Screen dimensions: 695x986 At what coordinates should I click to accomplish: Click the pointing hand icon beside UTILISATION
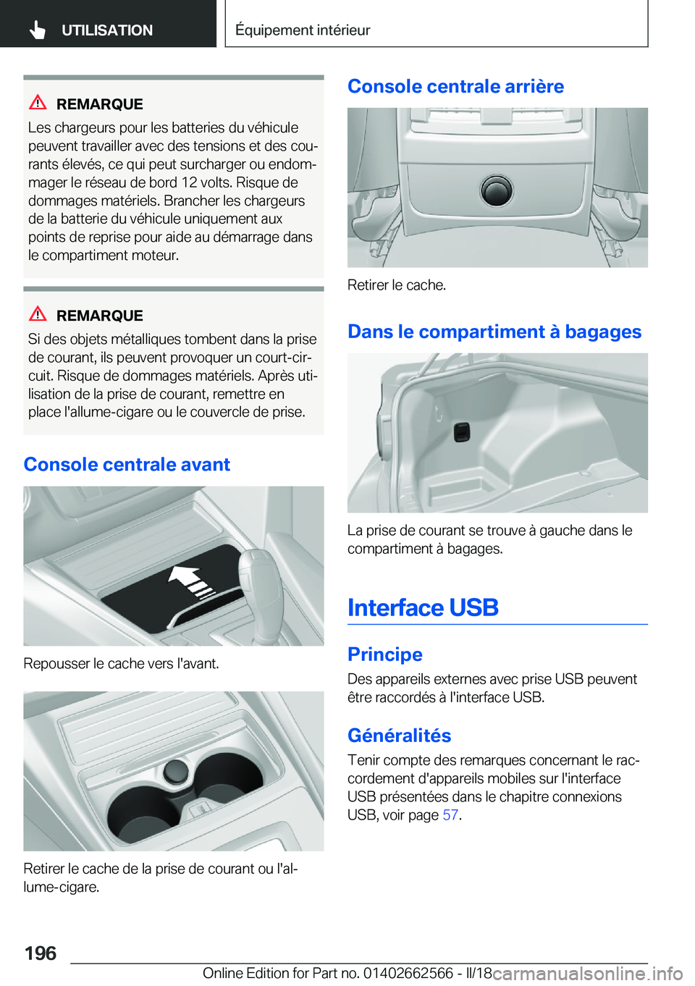(x=38, y=30)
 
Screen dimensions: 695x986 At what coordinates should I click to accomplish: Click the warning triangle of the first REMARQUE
(x=38, y=103)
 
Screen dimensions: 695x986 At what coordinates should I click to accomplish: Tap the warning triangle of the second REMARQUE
(x=38, y=314)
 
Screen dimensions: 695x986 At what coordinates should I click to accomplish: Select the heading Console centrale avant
(x=127, y=464)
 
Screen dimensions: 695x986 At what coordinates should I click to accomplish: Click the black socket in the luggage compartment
(x=462, y=432)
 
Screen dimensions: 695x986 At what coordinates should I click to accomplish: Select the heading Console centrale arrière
(x=455, y=86)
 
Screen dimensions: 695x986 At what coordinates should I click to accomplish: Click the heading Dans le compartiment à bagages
(x=494, y=332)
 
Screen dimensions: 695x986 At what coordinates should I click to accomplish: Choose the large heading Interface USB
(x=423, y=607)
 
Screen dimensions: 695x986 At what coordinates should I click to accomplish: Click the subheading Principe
(x=385, y=654)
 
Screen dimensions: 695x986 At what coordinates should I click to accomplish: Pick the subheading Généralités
(x=399, y=736)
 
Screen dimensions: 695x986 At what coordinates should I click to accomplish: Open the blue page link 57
(x=450, y=814)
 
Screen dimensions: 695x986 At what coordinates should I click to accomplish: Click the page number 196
(x=41, y=953)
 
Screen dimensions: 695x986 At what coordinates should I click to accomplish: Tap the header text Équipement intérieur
(x=303, y=30)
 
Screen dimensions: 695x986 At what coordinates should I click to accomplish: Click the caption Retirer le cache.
(x=397, y=285)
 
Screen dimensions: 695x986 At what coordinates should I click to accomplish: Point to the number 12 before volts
(x=186, y=182)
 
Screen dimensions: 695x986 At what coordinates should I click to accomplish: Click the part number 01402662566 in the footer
(x=407, y=972)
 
